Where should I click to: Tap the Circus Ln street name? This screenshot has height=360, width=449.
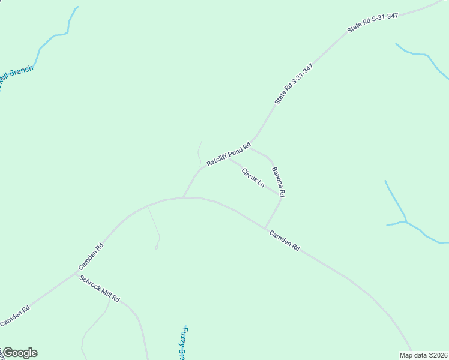coord(253,178)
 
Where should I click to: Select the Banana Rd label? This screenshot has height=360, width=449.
coord(278,182)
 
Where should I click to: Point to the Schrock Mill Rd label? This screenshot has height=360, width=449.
coord(100,289)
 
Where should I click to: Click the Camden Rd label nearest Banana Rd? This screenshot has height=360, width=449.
coord(284,240)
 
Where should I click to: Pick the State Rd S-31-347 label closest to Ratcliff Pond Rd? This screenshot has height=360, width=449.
coord(294,83)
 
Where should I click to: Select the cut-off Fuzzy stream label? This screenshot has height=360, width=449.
coord(185,343)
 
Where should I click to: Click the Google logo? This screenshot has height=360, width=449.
coord(19,353)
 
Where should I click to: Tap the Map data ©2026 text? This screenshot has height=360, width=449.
coord(424,355)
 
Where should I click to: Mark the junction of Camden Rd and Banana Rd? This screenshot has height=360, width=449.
coord(265,228)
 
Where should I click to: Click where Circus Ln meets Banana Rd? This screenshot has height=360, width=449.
coord(281,196)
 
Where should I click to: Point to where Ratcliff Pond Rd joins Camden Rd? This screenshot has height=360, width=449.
coord(183,197)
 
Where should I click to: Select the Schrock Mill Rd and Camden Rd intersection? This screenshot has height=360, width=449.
coord(77,272)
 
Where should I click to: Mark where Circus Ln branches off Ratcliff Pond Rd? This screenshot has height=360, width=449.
coord(229,158)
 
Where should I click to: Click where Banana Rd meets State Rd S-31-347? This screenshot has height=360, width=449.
coord(250,146)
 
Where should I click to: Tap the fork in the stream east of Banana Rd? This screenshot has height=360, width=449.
coord(406,222)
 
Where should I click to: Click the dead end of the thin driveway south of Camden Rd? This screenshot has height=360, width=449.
coord(157,248)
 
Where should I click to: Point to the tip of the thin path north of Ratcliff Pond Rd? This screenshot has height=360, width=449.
coord(202,142)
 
